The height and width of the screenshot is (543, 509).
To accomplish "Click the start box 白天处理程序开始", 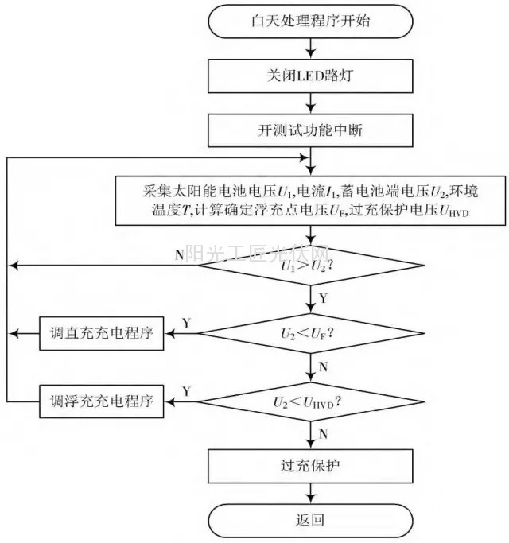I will click(x=310, y=21).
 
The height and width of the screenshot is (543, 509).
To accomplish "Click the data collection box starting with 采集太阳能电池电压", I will click(x=310, y=200).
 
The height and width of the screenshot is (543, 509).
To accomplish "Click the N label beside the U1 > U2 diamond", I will click(x=179, y=255).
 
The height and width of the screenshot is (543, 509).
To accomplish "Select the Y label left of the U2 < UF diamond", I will click(x=186, y=323).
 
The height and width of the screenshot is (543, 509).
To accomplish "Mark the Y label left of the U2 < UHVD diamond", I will click(x=186, y=390).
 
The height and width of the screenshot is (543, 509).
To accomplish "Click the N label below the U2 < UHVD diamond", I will click(x=322, y=434).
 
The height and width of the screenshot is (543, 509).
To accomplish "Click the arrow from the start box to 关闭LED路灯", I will click(x=310, y=46).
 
